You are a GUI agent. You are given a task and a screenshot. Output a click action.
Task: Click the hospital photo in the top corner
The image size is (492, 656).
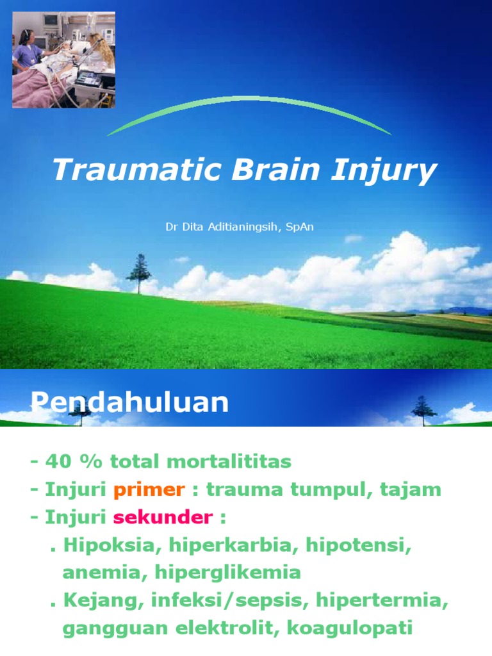click(x=63, y=60)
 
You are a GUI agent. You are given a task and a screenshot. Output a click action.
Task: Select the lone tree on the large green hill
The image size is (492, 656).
click(x=138, y=272)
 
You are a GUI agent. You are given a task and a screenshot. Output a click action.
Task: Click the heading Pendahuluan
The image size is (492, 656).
click(x=129, y=403)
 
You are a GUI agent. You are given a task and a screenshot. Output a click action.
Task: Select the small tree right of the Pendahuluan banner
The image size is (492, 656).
click(x=422, y=409)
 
